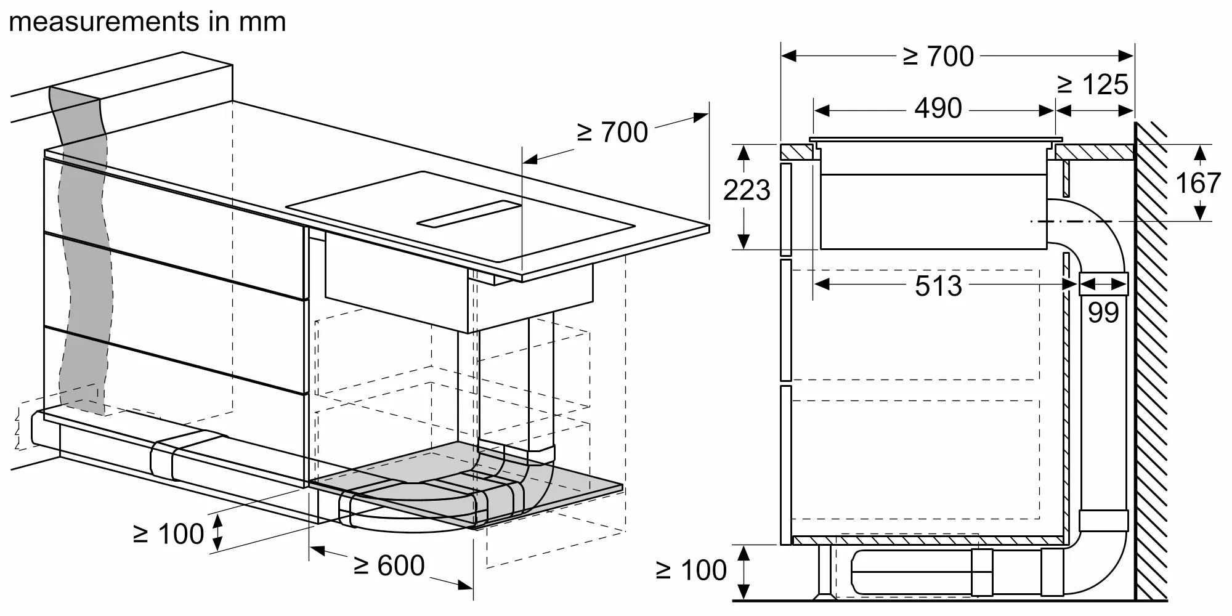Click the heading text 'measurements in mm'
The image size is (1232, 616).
(x=148, y=22)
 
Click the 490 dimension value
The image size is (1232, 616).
(x=938, y=108)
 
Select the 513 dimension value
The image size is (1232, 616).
(x=938, y=286)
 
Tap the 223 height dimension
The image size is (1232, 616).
(x=747, y=190)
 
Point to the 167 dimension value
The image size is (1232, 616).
(x=1198, y=183)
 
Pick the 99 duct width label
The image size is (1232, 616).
(x=1103, y=313)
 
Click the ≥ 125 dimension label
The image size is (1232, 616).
(x=1093, y=85)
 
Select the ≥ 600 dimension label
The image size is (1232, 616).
(x=389, y=565)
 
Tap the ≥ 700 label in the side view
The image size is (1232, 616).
(x=939, y=57)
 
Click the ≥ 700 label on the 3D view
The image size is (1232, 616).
(x=612, y=132)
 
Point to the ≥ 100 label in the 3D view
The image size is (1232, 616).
(x=168, y=534)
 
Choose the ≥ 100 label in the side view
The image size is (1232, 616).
(x=691, y=571)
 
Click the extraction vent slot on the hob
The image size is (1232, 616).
(x=469, y=214)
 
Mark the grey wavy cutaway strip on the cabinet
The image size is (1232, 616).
(x=83, y=246)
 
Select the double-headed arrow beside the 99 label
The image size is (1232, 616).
(x=1103, y=284)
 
